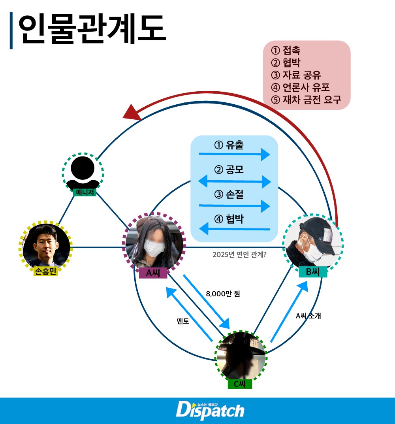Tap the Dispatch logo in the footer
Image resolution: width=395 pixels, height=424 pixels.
pyautogui.click(x=210, y=410)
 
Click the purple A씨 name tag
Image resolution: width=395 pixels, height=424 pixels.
pyautogui.click(x=153, y=273)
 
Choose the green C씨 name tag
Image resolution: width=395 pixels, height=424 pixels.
pyautogui.click(x=240, y=384)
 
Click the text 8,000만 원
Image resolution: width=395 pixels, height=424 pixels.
pyautogui.click(x=223, y=294)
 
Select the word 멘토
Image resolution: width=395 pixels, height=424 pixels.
pyautogui.click(x=183, y=321)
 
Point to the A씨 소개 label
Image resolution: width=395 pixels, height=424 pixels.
pyautogui.click(x=308, y=316)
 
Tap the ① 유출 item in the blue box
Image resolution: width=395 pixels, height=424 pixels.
pyautogui.click(x=229, y=145)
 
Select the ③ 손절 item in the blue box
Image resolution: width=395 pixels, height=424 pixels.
pyautogui.click(x=229, y=194)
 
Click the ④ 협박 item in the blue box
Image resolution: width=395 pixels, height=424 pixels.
pyautogui.click(x=229, y=219)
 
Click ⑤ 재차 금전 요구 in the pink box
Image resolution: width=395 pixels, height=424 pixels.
pyautogui.click(x=306, y=100)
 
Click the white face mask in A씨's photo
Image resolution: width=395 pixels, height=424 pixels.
pyautogui.click(x=154, y=247)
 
